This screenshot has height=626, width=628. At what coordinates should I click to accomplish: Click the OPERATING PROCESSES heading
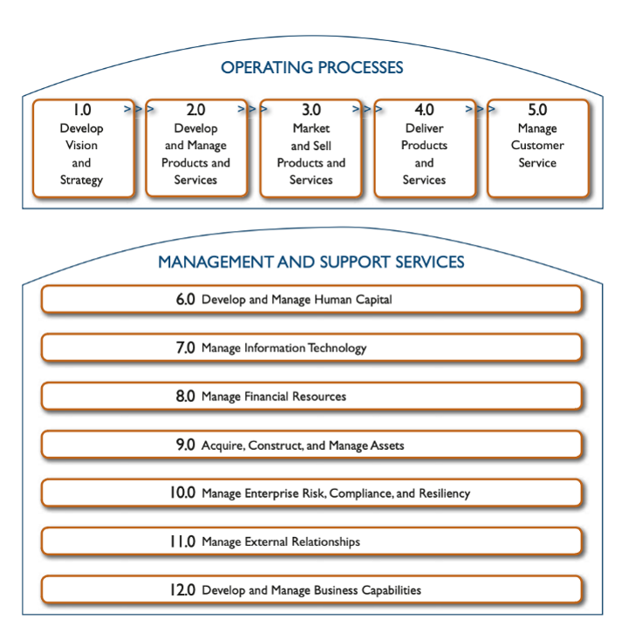click(311, 67)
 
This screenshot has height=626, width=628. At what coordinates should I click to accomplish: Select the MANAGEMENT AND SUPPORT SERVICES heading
click(311, 262)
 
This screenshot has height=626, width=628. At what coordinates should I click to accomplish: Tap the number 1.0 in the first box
click(81, 111)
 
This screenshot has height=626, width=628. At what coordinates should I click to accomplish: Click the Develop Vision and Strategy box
click(83, 148)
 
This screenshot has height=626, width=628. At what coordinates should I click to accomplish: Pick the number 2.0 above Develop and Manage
click(196, 111)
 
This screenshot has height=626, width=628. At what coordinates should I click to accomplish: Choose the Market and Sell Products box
click(311, 148)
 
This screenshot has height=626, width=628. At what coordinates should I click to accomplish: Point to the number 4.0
click(425, 111)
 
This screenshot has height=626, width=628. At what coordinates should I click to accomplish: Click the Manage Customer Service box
click(537, 148)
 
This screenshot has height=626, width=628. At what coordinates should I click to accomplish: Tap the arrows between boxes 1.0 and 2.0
click(140, 110)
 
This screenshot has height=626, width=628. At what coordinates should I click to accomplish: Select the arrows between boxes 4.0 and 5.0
click(481, 110)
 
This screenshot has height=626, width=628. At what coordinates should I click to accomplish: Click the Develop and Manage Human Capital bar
click(311, 300)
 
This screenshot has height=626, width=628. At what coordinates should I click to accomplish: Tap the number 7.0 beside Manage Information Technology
click(186, 348)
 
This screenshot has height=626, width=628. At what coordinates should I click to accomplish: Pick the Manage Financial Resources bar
click(311, 397)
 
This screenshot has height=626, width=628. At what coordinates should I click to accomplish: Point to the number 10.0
click(183, 493)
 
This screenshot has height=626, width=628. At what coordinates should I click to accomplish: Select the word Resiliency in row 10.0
click(445, 493)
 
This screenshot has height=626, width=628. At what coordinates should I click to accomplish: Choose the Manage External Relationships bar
click(311, 542)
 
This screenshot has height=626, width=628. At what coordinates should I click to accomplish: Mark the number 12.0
click(183, 590)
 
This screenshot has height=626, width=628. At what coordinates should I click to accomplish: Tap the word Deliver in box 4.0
click(425, 129)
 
